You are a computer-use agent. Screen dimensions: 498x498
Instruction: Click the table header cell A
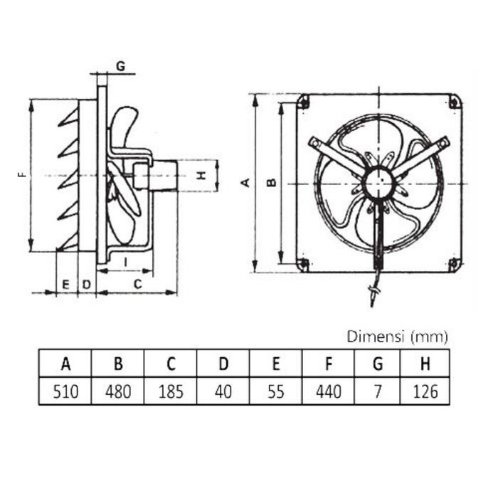(65, 364)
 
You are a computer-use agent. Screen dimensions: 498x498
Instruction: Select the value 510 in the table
(65, 391)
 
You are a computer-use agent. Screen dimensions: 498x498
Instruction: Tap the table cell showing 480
(118, 391)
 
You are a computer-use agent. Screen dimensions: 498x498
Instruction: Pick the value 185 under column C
(171, 391)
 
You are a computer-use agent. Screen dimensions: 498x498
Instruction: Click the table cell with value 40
(223, 391)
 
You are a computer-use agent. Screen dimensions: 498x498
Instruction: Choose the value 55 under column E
(276, 391)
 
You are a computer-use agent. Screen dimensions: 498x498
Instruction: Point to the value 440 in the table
(329, 391)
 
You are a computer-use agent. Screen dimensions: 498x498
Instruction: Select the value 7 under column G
(378, 391)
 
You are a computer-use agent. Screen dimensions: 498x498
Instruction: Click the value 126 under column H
(425, 391)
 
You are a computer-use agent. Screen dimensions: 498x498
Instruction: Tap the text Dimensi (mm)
(397, 336)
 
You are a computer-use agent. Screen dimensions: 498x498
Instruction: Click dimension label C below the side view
(138, 284)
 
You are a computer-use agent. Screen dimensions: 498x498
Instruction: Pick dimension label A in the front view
(245, 184)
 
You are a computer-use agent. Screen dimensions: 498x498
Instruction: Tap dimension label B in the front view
(270, 184)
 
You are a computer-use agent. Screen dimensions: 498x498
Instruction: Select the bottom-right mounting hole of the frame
(452, 265)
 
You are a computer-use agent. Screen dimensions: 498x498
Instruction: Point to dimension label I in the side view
(125, 261)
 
